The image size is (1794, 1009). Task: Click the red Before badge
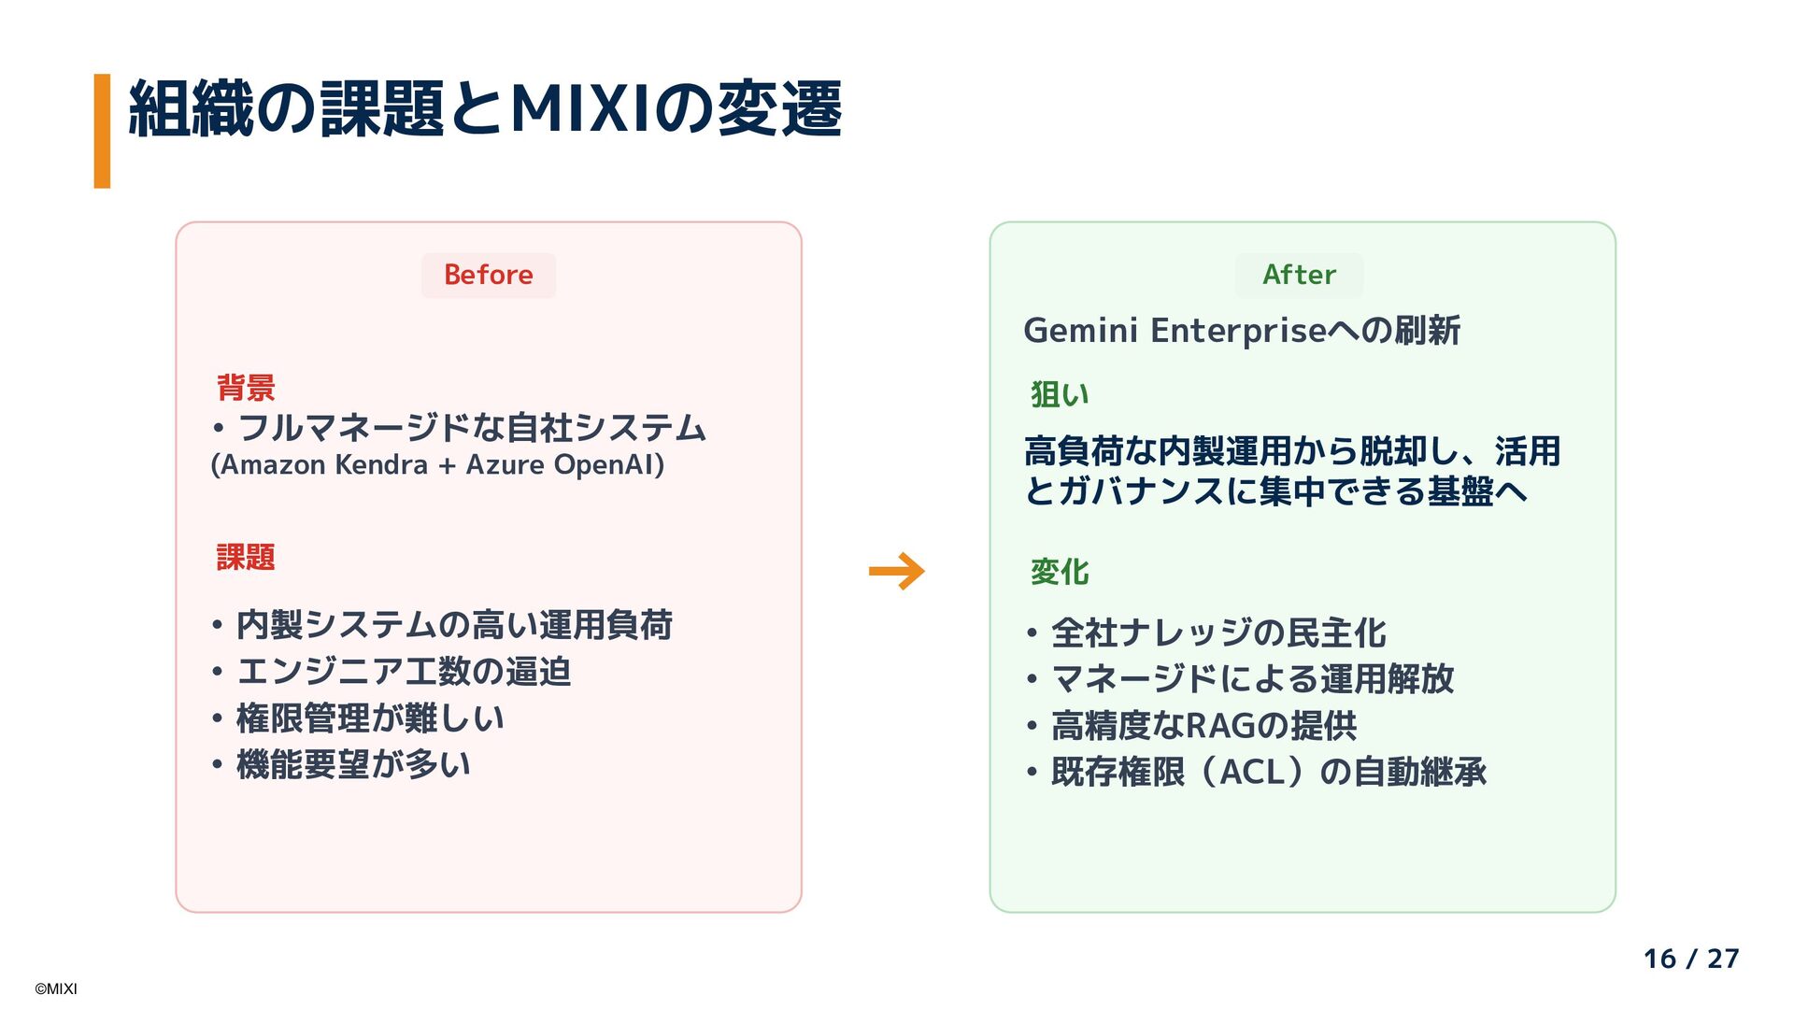[488, 275]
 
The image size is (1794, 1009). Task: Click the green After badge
[1299, 275]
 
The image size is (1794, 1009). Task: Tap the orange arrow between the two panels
[896, 571]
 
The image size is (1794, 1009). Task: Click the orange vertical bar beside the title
[102, 131]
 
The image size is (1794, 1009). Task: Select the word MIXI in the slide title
[581, 109]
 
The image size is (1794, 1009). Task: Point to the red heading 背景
[246, 387]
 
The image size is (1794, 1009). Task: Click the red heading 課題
[246, 558]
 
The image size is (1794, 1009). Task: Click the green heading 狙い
[1060, 394]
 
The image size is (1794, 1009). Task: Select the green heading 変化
[1060, 572]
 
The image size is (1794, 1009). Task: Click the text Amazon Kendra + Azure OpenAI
[437, 464]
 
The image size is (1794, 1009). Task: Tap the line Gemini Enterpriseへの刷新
[1241, 330]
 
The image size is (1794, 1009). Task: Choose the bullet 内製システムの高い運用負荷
[454, 625]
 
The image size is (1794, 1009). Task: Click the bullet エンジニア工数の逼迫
[404, 672]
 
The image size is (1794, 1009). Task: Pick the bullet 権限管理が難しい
[370, 718]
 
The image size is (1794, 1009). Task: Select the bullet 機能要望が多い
[353, 765]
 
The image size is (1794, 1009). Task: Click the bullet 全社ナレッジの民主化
[1218, 632]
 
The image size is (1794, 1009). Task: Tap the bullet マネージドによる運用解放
[1252, 679]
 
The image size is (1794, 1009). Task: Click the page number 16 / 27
[1690, 959]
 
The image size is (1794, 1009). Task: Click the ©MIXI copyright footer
[56, 988]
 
